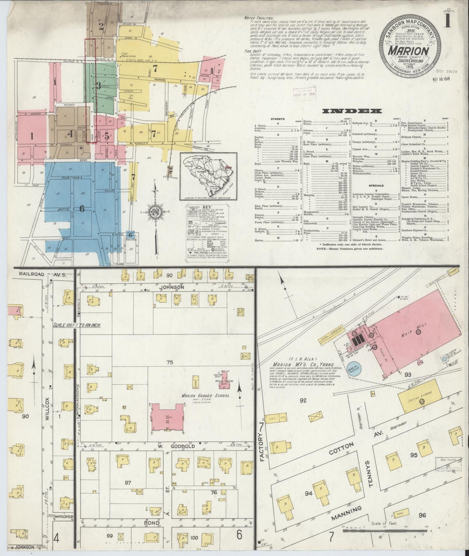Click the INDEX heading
[351, 111]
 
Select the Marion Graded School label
[210, 395]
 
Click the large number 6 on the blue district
[82, 209]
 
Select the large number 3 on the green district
[98, 86]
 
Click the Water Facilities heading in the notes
[259, 18]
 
